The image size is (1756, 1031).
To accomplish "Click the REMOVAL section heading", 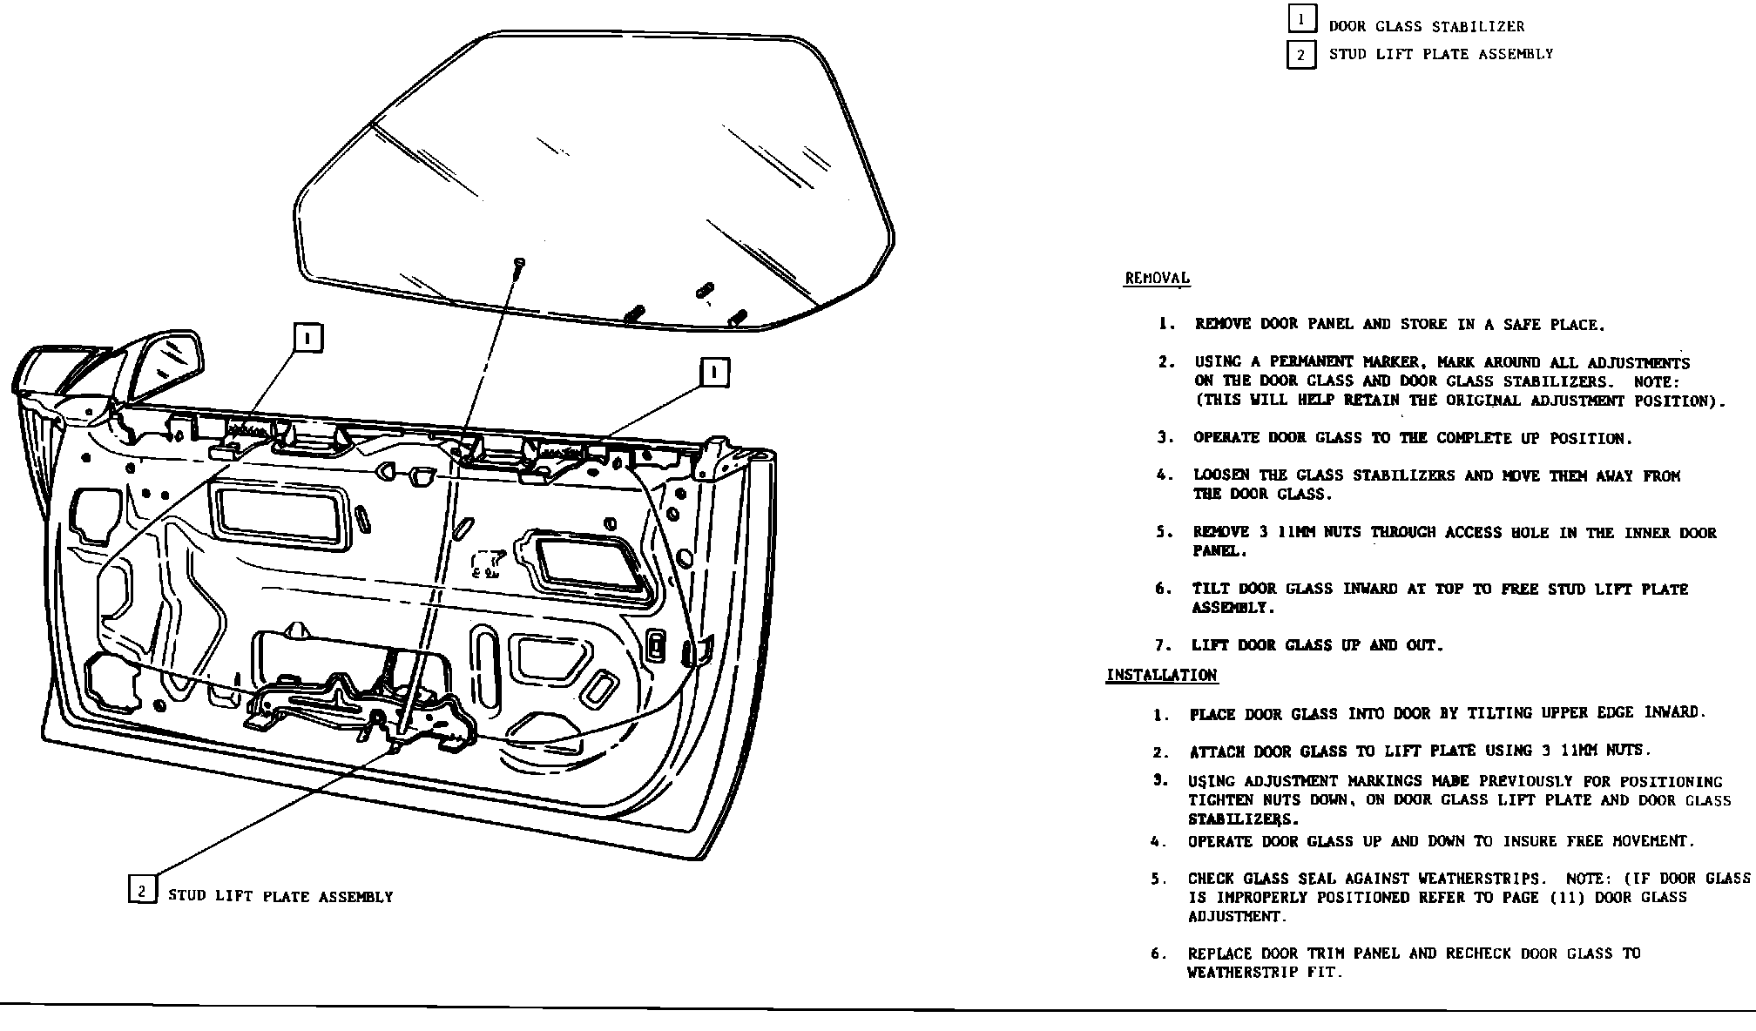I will [x=1157, y=279].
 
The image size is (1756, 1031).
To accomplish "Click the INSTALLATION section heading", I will [x=1161, y=676].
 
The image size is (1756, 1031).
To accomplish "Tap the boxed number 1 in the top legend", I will [x=1301, y=19].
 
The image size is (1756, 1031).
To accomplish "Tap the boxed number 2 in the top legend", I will [x=1301, y=55].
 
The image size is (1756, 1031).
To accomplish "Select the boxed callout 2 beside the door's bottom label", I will [x=142, y=890].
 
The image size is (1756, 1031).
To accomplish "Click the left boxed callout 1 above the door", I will [x=308, y=337].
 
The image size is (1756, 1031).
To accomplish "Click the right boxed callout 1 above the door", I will [x=714, y=373].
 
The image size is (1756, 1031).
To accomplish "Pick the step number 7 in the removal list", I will [x=1161, y=645].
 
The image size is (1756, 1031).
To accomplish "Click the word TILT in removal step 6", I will [x=1211, y=590].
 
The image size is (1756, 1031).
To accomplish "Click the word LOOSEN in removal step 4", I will [x=1222, y=475].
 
